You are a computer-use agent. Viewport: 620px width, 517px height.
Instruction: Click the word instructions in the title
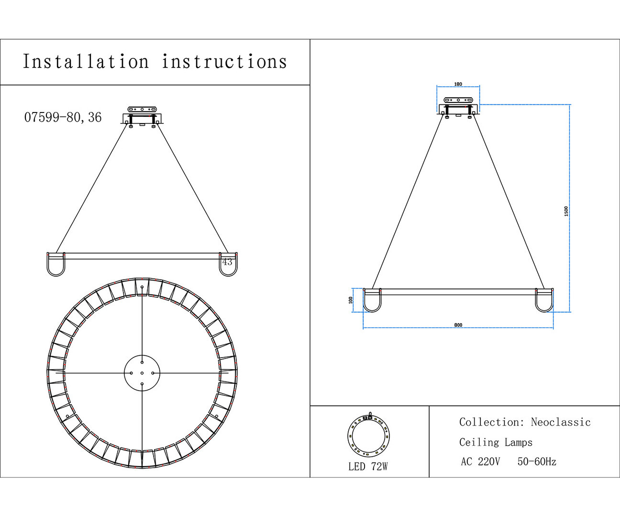224,62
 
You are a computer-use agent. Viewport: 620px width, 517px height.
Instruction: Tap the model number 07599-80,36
63,117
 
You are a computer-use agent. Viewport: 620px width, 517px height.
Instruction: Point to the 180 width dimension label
458,84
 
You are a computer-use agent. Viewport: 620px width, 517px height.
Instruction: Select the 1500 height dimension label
566,211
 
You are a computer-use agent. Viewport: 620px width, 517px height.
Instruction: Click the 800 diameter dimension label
458,325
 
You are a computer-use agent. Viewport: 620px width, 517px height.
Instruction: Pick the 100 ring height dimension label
351,300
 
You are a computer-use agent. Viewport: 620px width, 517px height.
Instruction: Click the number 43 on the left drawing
227,262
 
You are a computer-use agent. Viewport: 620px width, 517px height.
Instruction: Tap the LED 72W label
368,467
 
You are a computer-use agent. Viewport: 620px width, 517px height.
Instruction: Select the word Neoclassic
561,422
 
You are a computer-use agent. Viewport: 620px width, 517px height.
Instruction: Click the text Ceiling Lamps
496,442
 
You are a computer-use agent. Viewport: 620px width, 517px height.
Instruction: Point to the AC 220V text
480,462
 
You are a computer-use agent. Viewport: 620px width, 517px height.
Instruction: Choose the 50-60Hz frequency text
537,462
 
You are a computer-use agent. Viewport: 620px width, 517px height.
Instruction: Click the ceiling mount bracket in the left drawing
142,116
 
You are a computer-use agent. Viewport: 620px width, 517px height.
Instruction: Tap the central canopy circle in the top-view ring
142,373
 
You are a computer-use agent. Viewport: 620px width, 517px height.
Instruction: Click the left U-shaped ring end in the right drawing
372,300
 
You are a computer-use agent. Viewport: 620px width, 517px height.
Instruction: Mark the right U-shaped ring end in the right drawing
544,300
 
